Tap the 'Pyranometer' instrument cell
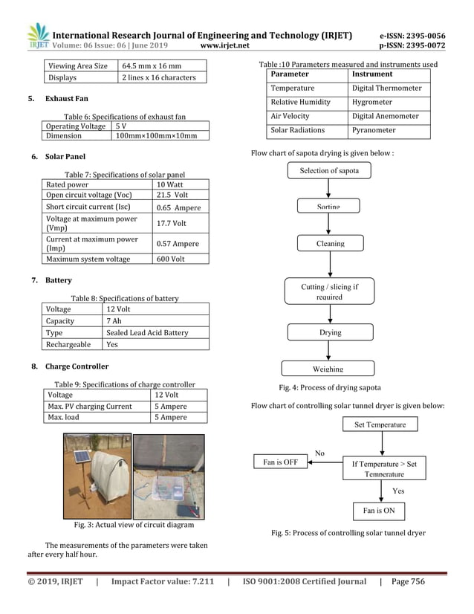pos(374,131)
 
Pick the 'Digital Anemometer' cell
pos(385,117)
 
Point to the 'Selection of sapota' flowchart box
pos(329,171)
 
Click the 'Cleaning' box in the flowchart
pos(330,243)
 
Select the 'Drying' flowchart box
pos(330,332)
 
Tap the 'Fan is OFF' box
pos(281,462)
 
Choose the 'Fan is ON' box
pos(379,511)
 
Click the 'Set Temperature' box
pos(380,424)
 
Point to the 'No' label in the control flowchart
pos(319,453)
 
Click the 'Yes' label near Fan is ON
pos(398,491)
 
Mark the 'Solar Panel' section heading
pos(65,157)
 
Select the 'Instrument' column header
pos(372,74)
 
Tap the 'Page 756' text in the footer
pos(408,582)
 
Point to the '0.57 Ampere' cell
pos(178,244)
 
